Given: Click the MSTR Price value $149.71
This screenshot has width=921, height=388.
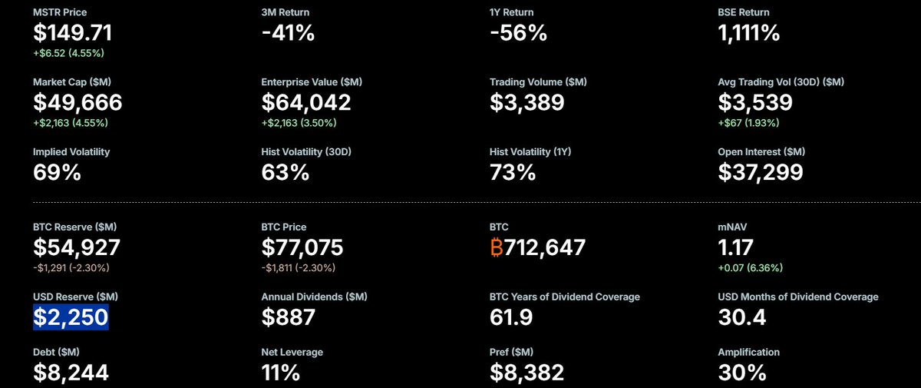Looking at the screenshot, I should point(73,32).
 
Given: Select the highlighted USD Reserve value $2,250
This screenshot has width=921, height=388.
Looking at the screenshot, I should point(71,316).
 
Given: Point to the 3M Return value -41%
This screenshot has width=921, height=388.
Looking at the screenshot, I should point(288,32).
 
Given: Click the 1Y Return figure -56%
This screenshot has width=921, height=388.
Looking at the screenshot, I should point(518,32).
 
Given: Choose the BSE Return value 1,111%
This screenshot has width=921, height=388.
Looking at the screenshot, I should point(749,32).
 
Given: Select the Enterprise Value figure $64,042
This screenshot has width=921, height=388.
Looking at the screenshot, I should point(306,102).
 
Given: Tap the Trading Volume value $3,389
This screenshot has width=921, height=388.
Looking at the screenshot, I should point(527,102).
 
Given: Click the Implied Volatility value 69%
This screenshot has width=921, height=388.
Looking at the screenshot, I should point(57,172).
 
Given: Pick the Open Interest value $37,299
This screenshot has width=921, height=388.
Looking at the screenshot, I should point(761,172).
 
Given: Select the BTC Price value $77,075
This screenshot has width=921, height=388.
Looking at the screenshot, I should point(302,247).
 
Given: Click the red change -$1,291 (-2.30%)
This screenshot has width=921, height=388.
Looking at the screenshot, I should point(71,268).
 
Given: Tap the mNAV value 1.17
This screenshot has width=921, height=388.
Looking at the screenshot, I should point(735,247).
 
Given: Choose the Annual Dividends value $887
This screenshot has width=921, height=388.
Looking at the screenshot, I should point(289,316).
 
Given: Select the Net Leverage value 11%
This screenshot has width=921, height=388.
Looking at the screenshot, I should point(281,373).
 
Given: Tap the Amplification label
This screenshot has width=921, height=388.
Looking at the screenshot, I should point(748,352).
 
